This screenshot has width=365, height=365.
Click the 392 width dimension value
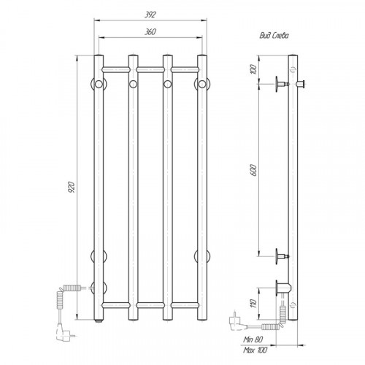point(150,15)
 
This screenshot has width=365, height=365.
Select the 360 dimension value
point(150,32)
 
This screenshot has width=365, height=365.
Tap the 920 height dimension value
point(72,187)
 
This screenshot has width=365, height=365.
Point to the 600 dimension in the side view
point(253,170)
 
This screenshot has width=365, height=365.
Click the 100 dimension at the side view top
point(253,69)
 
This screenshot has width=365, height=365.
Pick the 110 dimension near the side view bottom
point(253,304)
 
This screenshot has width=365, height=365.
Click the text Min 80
point(253,339)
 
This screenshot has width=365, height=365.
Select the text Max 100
point(255,350)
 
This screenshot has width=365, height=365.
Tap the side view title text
point(274,36)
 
